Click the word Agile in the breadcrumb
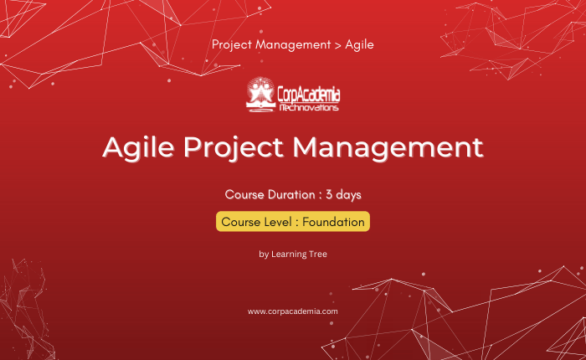359,45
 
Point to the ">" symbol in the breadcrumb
338,45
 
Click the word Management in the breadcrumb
293,45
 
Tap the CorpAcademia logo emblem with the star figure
260,95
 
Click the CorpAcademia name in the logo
309,95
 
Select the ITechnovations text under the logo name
309,108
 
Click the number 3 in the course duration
329,195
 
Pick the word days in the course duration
348,195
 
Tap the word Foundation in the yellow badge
333,222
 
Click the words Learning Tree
299,255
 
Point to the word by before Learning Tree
264,255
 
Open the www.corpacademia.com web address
293,311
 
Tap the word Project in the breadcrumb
232,45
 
